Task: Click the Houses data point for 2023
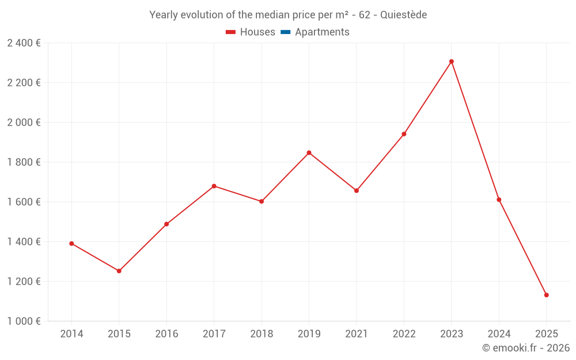tap(452, 62)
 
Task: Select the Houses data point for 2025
tap(546, 295)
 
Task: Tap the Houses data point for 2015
tap(119, 271)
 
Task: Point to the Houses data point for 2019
tap(309, 153)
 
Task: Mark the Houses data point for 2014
tap(71, 244)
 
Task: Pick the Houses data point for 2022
tap(404, 134)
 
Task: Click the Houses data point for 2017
tap(214, 186)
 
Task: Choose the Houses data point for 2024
tap(499, 200)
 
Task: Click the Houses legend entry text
tap(257, 32)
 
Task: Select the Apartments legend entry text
tap(322, 32)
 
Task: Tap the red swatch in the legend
tap(231, 32)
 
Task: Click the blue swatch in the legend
tap(285, 32)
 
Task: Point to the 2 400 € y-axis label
tap(24, 43)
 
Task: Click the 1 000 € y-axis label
tap(24, 321)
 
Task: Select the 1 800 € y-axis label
tap(24, 162)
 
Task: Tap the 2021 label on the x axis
tap(357, 334)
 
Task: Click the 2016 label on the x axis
tap(166, 334)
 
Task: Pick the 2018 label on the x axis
tap(262, 334)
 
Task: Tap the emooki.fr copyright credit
tap(526, 348)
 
